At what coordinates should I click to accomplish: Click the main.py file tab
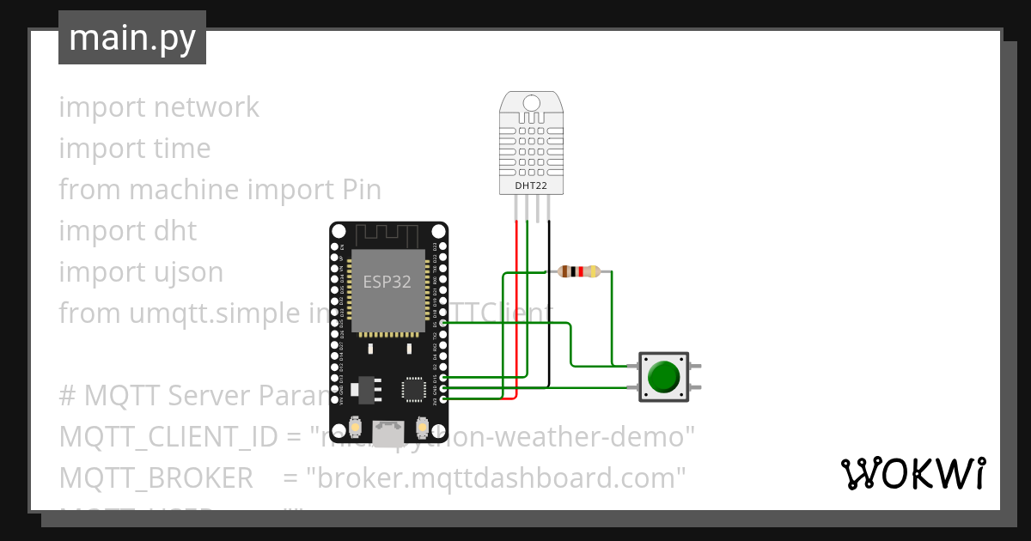pyautogui.click(x=131, y=38)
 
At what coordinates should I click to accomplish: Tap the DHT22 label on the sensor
pyautogui.click(x=530, y=185)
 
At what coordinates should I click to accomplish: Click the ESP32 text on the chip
pyautogui.click(x=387, y=283)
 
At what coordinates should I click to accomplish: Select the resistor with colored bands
pyautogui.click(x=578, y=272)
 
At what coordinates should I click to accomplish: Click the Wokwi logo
pyautogui.click(x=912, y=473)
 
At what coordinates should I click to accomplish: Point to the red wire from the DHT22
pyautogui.click(x=516, y=309)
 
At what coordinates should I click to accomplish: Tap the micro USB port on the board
pyautogui.click(x=388, y=432)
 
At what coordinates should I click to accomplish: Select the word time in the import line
pyautogui.click(x=182, y=149)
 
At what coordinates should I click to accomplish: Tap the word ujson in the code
pyautogui.click(x=188, y=272)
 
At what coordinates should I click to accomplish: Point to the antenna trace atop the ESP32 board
pyautogui.click(x=388, y=234)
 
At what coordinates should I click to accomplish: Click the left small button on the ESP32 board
pyautogui.click(x=355, y=427)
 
